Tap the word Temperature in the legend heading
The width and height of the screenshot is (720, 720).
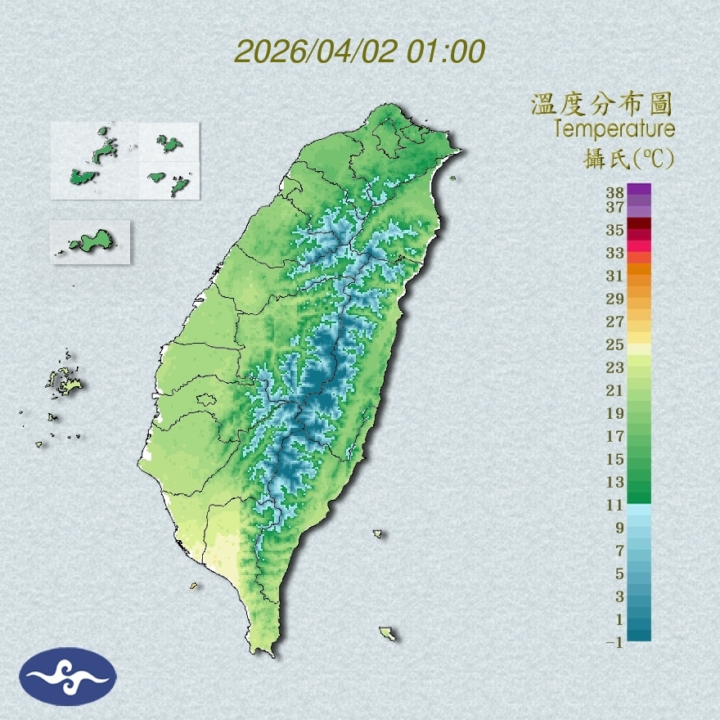click(614, 129)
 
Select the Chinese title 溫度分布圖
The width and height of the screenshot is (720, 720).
click(602, 104)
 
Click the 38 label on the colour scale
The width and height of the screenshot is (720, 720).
click(615, 193)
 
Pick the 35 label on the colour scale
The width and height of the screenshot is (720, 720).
click(615, 230)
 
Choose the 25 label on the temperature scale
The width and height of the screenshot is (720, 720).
click(615, 344)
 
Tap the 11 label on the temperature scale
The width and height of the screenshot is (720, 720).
click(615, 505)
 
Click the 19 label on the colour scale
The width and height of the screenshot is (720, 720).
click(615, 413)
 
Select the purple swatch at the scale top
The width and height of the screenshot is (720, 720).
click(640, 189)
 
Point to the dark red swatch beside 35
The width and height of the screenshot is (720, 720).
click(640, 223)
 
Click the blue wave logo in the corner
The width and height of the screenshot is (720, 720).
click(68, 677)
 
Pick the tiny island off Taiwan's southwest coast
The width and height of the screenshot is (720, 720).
click(194, 586)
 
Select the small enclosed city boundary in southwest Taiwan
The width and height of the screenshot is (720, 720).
click(206, 400)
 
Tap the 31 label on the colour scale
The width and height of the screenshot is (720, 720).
click(615, 276)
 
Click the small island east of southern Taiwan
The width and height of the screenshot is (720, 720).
click(378, 534)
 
